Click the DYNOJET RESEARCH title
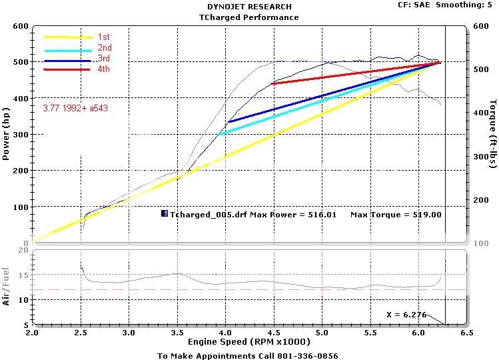(x=249, y=7)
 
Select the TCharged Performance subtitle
(x=249, y=17)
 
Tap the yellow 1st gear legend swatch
(x=67, y=38)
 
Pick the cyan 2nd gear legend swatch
(x=67, y=49)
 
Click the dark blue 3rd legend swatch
(x=67, y=61)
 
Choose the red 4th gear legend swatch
(x=67, y=69)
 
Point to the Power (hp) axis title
(x=7, y=135)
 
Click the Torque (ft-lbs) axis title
(x=491, y=135)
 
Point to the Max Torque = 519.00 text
(x=396, y=215)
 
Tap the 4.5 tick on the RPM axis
(x=273, y=332)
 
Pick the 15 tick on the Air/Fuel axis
(x=23, y=275)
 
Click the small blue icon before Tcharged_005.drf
(x=164, y=214)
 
